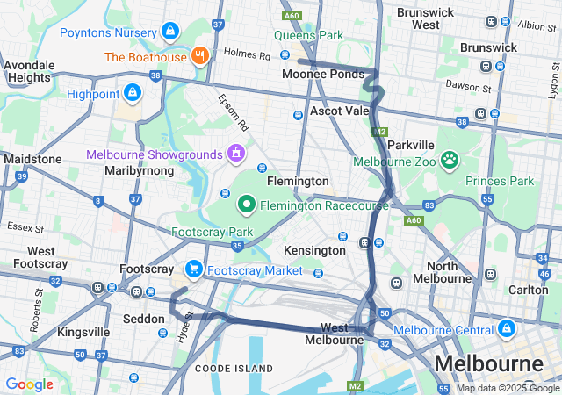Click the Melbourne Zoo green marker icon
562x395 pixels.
pos(450,160)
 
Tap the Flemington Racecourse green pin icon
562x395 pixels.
pos(247,205)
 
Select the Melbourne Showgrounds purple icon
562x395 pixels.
pos(235,154)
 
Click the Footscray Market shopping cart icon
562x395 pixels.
pos(192,269)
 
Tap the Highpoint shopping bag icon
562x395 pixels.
pos(132,91)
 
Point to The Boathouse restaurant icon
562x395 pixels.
pos(201,57)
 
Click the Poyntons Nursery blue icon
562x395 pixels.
pos(169,32)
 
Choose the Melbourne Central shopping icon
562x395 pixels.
pos(506,329)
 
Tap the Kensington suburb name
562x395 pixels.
pos(315,250)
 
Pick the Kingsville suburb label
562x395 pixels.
pos(83,332)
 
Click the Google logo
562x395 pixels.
pos(29,384)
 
